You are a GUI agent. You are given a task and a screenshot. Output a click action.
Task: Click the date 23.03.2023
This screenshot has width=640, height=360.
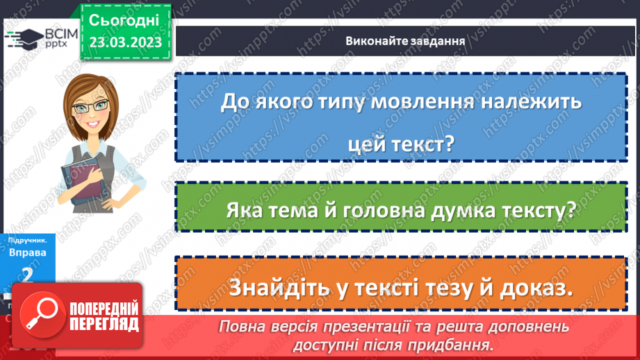click(x=125, y=42)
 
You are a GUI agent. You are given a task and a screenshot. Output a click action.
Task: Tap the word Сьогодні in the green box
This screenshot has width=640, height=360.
click(x=124, y=19)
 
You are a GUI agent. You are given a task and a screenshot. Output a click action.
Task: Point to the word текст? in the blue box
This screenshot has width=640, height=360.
click(x=419, y=145)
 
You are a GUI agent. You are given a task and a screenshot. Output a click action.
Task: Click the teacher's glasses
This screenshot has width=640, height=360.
click(x=98, y=105)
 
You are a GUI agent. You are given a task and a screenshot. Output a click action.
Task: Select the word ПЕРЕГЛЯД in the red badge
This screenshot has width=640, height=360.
click(x=104, y=325)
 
